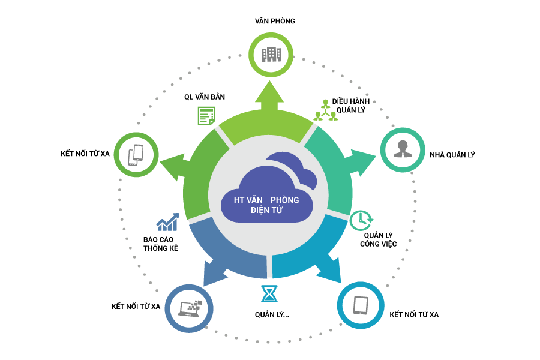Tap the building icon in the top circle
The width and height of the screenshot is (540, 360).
point(271,55)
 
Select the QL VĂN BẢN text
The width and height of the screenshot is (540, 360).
point(205,97)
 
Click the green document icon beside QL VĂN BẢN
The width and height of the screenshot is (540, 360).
point(206,115)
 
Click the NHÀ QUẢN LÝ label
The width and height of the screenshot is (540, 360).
point(452,155)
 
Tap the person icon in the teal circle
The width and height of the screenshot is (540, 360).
point(401,150)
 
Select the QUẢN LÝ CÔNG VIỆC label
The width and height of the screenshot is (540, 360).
point(378,239)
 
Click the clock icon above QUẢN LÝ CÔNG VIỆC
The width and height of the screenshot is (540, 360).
point(360,220)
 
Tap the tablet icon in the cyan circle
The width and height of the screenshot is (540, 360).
point(360,305)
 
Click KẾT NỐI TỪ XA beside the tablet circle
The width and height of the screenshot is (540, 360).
point(414,314)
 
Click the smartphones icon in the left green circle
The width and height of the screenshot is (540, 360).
point(136,155)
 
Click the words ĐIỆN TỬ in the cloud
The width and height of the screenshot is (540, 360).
point(266,211)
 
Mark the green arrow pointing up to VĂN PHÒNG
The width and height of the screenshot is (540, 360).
point(269,96)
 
